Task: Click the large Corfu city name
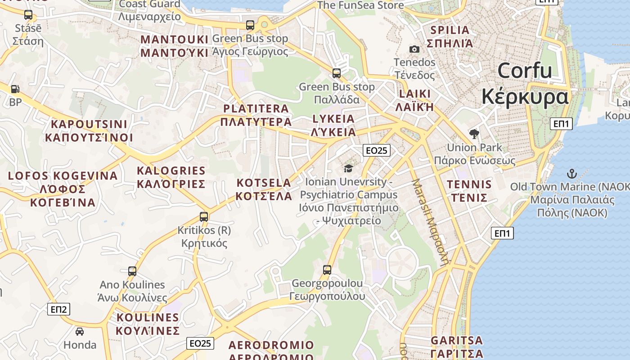click(x=525, y=84)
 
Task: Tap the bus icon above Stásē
click(x=28, y=15)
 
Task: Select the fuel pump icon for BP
click(x=15, y=89)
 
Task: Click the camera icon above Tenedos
click(x=414, y=49)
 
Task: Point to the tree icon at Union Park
click(x=474, y=134)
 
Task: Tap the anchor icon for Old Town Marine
click(x=571, y=173)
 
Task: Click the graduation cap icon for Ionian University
click(x=348, y=168)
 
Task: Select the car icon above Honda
click(x=80, y=332)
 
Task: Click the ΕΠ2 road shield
click(x=59, y=309)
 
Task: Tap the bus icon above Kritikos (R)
click(x=204, y=217)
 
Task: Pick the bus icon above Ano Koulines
click(x=132, y=271)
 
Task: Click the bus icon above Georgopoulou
click(x=327, y=270)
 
